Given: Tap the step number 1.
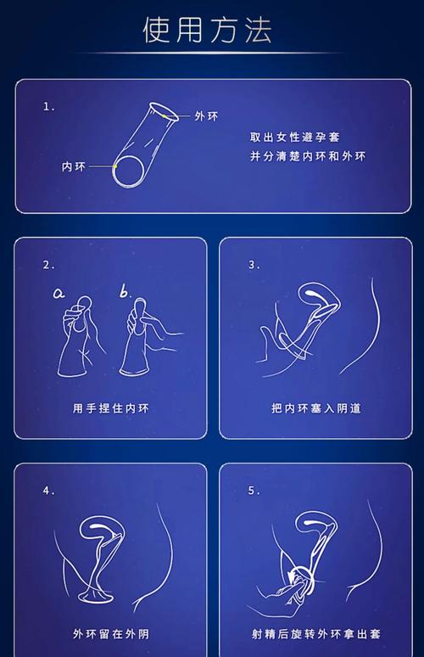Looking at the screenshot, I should pos(49,107).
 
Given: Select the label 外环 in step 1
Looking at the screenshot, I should pos(205,116).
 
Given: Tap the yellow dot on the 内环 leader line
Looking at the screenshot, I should pos(114,166).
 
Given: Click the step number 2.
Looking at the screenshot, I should pos(49,265).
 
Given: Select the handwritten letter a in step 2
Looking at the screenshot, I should pos(59,294).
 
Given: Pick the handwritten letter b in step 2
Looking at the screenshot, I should pos(126,292).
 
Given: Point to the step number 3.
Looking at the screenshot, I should pos(254,265).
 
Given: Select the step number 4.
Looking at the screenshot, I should pos(49,491).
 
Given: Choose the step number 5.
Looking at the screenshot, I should pos(254,491).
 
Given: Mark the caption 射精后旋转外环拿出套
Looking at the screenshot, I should pos(315,633).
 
